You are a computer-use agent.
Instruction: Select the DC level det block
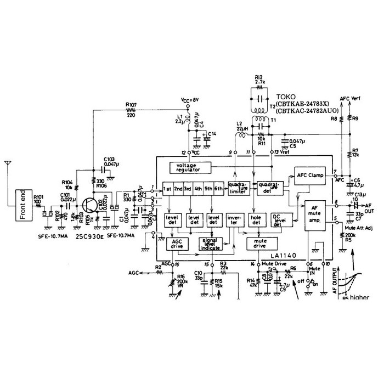click(x=281, y=221)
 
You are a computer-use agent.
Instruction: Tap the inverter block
click(x=234, y=221)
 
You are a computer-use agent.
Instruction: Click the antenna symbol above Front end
click(x=8, y=165)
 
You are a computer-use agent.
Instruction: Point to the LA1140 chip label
click(x=284, y=256)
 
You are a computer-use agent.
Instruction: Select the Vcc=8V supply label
click(x=190, y=100)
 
